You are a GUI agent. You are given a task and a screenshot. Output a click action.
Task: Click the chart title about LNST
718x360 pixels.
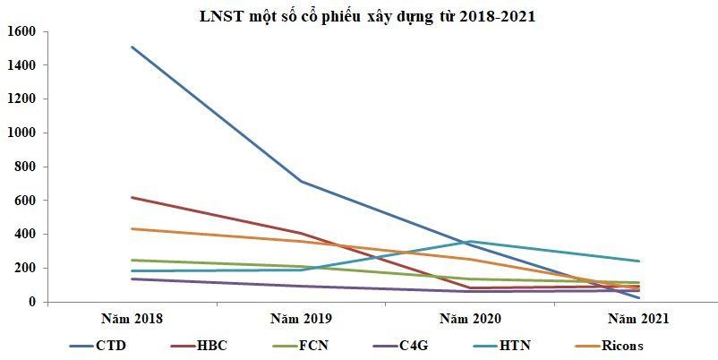pos(367,15)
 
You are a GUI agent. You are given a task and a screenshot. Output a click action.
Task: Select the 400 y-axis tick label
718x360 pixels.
pos(24,235)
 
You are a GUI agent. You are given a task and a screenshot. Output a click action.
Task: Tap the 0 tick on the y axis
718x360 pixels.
pos(30,303)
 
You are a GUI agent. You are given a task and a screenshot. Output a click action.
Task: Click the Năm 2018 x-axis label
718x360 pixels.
pos(132,318)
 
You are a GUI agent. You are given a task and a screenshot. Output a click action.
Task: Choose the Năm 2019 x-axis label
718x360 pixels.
pos(302,318)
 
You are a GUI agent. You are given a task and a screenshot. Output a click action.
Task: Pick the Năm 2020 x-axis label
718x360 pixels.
pos(471,318)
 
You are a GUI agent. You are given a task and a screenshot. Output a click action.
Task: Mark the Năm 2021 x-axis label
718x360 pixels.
pos(639,318)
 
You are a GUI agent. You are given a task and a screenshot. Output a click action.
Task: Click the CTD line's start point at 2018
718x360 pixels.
pos(132,47)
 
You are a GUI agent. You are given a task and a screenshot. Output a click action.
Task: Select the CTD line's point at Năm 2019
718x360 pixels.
pos(302,182)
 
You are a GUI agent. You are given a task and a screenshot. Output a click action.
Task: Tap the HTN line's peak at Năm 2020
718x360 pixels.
pos(471,241)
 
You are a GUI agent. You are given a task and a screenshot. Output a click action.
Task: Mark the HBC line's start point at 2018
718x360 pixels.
pos(132,197)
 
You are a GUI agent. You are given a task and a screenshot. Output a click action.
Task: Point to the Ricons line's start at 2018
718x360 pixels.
pos(132,229)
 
